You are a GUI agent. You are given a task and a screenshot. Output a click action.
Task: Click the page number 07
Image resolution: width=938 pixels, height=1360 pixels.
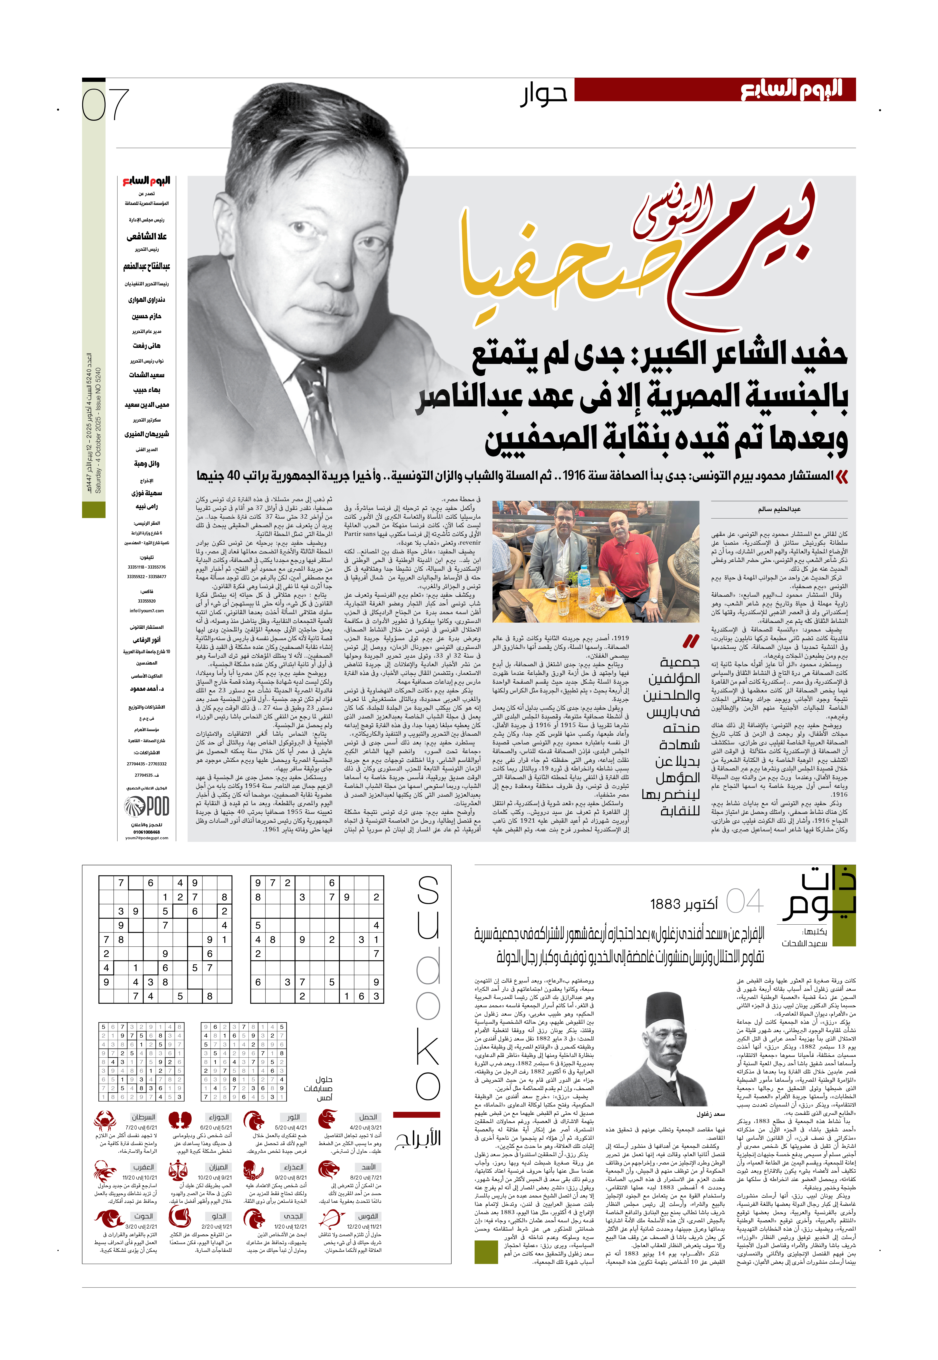[x=105, y=105]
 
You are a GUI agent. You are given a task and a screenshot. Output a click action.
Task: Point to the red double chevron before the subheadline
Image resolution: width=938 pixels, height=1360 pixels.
[x=842, y=477]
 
